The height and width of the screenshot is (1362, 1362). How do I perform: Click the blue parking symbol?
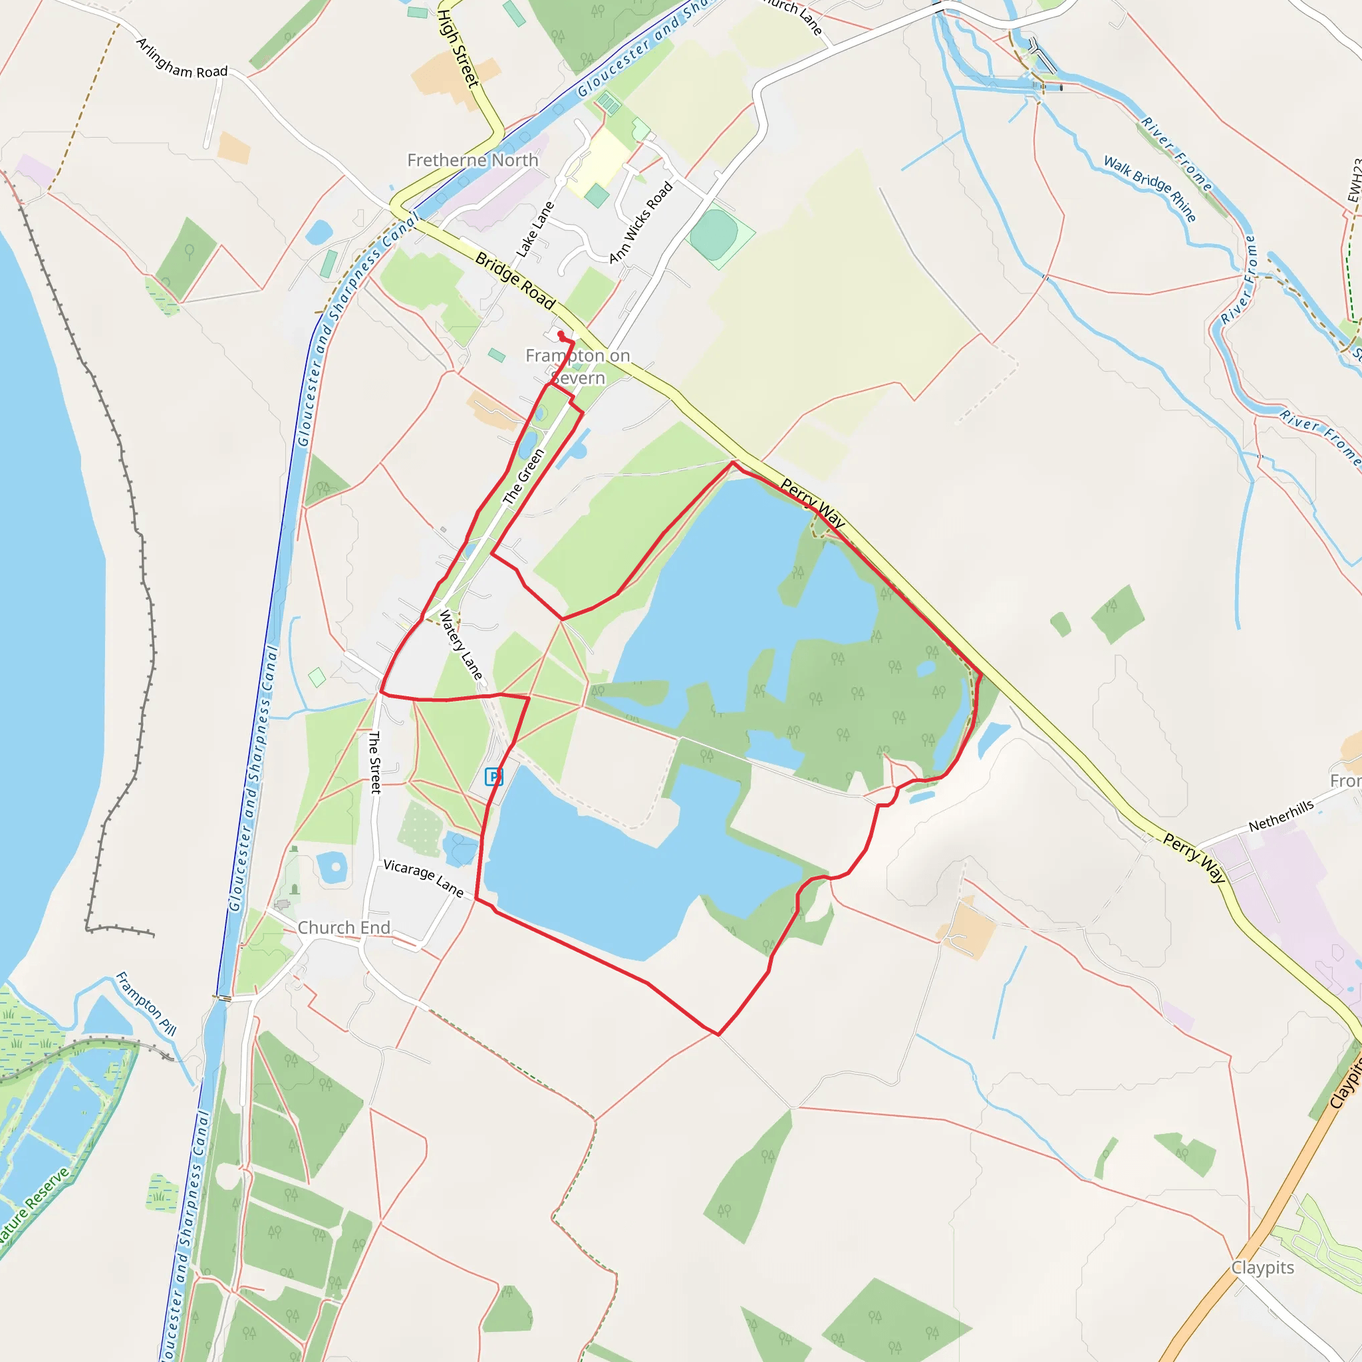tap(493, 777)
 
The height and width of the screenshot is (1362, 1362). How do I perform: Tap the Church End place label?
tap(343, 928)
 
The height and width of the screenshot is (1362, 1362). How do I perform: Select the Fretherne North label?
tap(472, 160)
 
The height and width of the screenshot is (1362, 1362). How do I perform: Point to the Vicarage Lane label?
tap(423, 879)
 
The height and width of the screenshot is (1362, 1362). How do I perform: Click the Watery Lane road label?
tap(461, 645)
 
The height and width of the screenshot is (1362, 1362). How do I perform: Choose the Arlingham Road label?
tap(181, 59)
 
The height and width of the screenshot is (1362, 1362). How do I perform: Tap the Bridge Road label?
tap(515, 280)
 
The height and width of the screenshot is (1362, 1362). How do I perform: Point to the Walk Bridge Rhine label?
tap(1150, 188)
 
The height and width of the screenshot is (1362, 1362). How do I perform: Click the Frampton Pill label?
tap(146, 1004)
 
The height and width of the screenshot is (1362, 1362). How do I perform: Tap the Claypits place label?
tap(1263, 1268)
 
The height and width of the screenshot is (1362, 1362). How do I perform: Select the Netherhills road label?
tap(1281, 815)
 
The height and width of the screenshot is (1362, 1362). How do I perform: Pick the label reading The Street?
tap(374, 762)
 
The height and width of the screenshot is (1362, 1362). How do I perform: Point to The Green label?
tap(524, 477)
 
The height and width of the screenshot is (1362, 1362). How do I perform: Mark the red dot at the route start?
tap(561, 333)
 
